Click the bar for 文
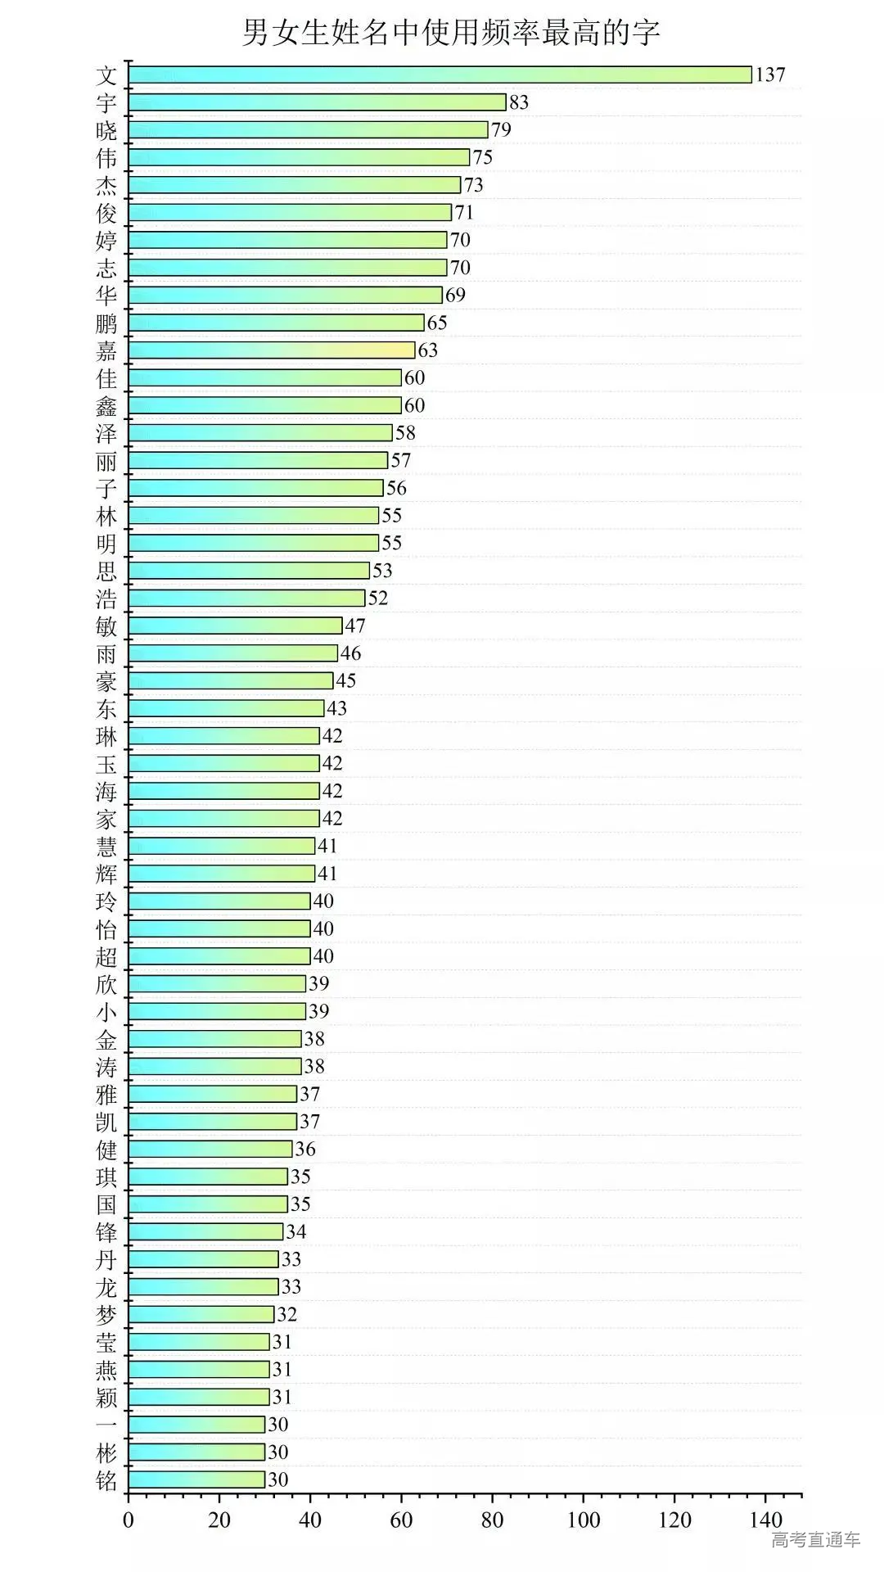point(440,75)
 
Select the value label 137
point(770,75)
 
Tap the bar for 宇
point(317,102)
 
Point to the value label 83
point(519,102)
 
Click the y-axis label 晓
point(106,131)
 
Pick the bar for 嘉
point(272,350)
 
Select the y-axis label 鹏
point(106,323)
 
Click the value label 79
point(501,129)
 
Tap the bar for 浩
point(246,598)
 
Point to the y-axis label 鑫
point(106,406)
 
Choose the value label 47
point(355,626)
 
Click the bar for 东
point(226,708)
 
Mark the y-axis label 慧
point(106,847)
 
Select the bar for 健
point(210,1149)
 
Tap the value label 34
point(296,1231)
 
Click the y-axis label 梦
point(106,1315)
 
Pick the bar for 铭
point(196,1479)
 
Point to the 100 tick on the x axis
point(584,1520)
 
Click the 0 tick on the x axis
point(129,1520)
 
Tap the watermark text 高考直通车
point(815,1540)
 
